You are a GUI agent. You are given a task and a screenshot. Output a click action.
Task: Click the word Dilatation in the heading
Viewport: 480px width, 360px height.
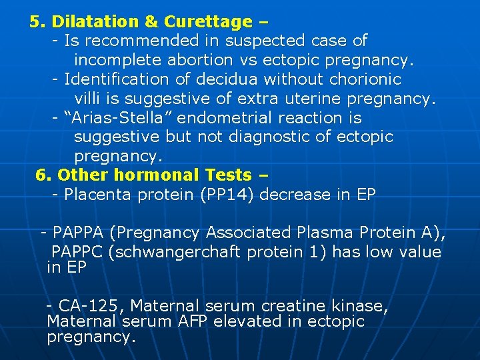click(x=92, y=22)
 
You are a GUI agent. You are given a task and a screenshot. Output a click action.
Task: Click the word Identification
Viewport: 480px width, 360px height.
click(x=117, y=80)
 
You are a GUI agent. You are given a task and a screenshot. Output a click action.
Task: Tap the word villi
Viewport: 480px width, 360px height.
click(x=87, y=99)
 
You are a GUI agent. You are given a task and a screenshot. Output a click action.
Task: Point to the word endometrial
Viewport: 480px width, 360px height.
click(x=213, y=119)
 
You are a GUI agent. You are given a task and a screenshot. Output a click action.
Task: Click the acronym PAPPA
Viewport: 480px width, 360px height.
click(x=79, y=233)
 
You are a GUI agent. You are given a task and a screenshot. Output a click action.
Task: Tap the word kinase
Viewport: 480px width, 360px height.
click(x=361, y=307)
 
